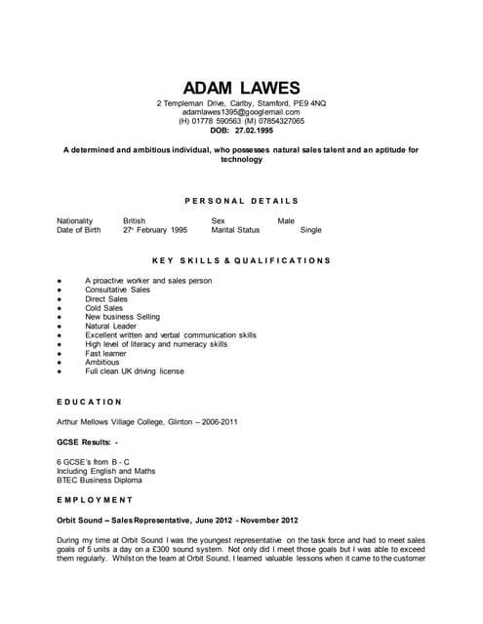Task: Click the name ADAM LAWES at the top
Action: tap(241, 87)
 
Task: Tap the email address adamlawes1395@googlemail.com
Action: tap(241, 112)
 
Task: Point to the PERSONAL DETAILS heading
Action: tap(241, 201)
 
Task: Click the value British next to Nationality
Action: tap(134, 221)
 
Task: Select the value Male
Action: tap(286, 221)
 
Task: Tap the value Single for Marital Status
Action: tap(310, 231)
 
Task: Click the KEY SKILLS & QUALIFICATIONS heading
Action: tap(241, 261)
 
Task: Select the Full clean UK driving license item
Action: tap(135, 371)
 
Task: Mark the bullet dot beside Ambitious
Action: tap(60, 363)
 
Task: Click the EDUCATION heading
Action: tap(90, 402)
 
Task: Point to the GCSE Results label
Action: tap(86, 443)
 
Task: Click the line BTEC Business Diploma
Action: tap(100, 480)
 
